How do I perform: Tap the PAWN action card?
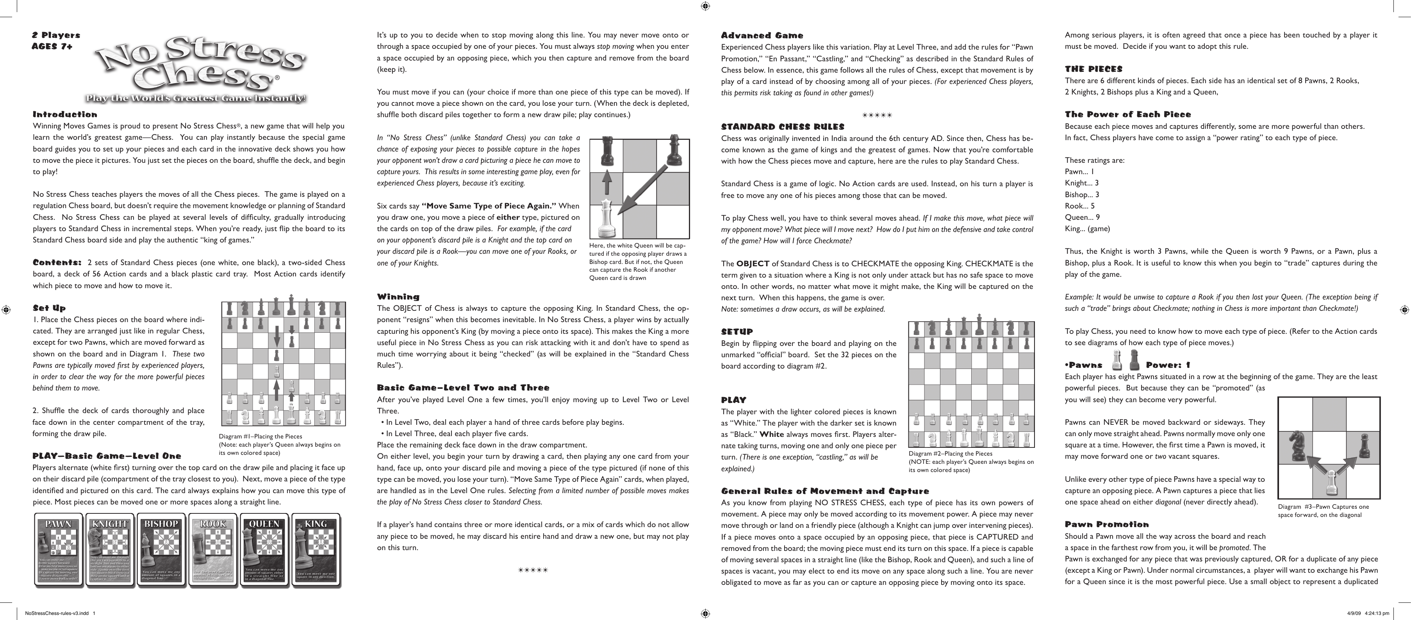coord(59,551)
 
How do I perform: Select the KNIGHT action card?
coord(110,551)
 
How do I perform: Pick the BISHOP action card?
coord(162,551)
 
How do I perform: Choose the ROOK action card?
coord(213,551)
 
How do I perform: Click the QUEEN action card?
coord(264,551)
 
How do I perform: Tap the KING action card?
coord(316,551)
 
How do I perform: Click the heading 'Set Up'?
coord(49,308)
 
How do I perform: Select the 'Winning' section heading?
coord(398,296)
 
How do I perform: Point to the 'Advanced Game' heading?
coord(762,36)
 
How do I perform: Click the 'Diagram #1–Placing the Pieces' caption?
coord(261,436)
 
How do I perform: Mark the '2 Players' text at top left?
coord(56,35)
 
